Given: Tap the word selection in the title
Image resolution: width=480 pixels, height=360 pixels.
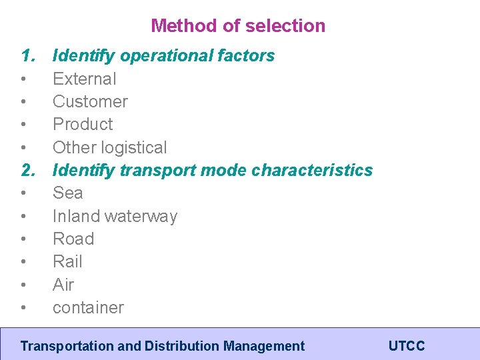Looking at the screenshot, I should (285, 26).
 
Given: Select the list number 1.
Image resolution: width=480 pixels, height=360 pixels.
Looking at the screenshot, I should (27, 55).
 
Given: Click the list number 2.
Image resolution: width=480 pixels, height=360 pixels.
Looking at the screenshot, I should (27, 170).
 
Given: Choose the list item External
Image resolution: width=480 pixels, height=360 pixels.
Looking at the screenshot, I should (84, 79).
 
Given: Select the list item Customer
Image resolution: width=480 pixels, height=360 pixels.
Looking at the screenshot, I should (90, 101).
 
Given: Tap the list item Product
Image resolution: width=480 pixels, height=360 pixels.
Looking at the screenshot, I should (83, 124).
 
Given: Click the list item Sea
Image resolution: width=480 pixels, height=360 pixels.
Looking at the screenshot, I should (67, 193).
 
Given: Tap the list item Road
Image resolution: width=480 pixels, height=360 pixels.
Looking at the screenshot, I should (73, 239).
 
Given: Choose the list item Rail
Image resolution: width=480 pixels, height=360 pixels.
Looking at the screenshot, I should (67, 261).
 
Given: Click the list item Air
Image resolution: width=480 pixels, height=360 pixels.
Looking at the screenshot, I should (63, 285).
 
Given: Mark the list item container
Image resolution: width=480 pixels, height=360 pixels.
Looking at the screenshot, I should (88, 307).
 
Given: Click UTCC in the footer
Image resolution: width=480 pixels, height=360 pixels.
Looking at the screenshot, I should (407, 346).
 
